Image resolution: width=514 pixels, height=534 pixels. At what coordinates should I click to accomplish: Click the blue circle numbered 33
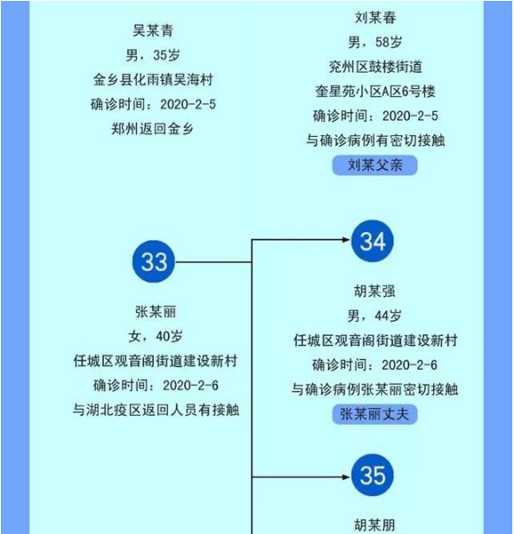tap(154, 261)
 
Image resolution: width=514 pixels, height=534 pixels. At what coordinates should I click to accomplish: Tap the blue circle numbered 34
tap(373, 241)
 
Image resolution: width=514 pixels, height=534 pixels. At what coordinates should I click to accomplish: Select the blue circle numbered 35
tap(373, 475)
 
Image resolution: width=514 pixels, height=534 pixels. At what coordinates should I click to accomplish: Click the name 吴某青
tap(153, 31)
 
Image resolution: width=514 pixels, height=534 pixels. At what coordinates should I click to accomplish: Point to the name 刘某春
tap(376, 18)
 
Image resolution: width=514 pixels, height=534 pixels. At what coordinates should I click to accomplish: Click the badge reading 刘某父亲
tap(375, 165)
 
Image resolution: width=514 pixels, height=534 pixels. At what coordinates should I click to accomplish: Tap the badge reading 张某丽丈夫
tap(375, 414)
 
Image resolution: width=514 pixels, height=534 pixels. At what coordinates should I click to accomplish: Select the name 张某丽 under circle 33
tap(155, 312)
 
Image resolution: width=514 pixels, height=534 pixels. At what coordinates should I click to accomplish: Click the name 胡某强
tap(375, 291)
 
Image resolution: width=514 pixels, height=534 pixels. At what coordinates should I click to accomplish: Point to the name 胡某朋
tap(375, 525)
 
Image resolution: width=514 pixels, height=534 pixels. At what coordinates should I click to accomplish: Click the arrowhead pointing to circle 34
tap(346, 240)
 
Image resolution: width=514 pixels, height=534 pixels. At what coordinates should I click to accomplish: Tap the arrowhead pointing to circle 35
tap(346, 477)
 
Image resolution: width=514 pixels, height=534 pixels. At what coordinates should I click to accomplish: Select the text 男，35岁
tap(153, 55)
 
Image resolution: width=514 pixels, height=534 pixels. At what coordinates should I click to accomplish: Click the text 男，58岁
tap(375, 43)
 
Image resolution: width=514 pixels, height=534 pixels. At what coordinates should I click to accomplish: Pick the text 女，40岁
tap(155, 336)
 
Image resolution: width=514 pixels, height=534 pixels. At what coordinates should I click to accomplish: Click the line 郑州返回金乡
tap(153, 129)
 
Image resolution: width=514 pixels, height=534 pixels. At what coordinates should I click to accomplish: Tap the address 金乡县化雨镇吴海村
tap(153, 80)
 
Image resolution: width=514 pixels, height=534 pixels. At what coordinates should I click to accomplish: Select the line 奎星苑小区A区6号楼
tap(376, 92)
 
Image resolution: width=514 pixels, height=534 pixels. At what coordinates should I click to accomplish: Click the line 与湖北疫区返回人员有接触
tap(156, 410)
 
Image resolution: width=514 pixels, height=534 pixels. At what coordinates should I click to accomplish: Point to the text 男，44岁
tap(375, 315)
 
